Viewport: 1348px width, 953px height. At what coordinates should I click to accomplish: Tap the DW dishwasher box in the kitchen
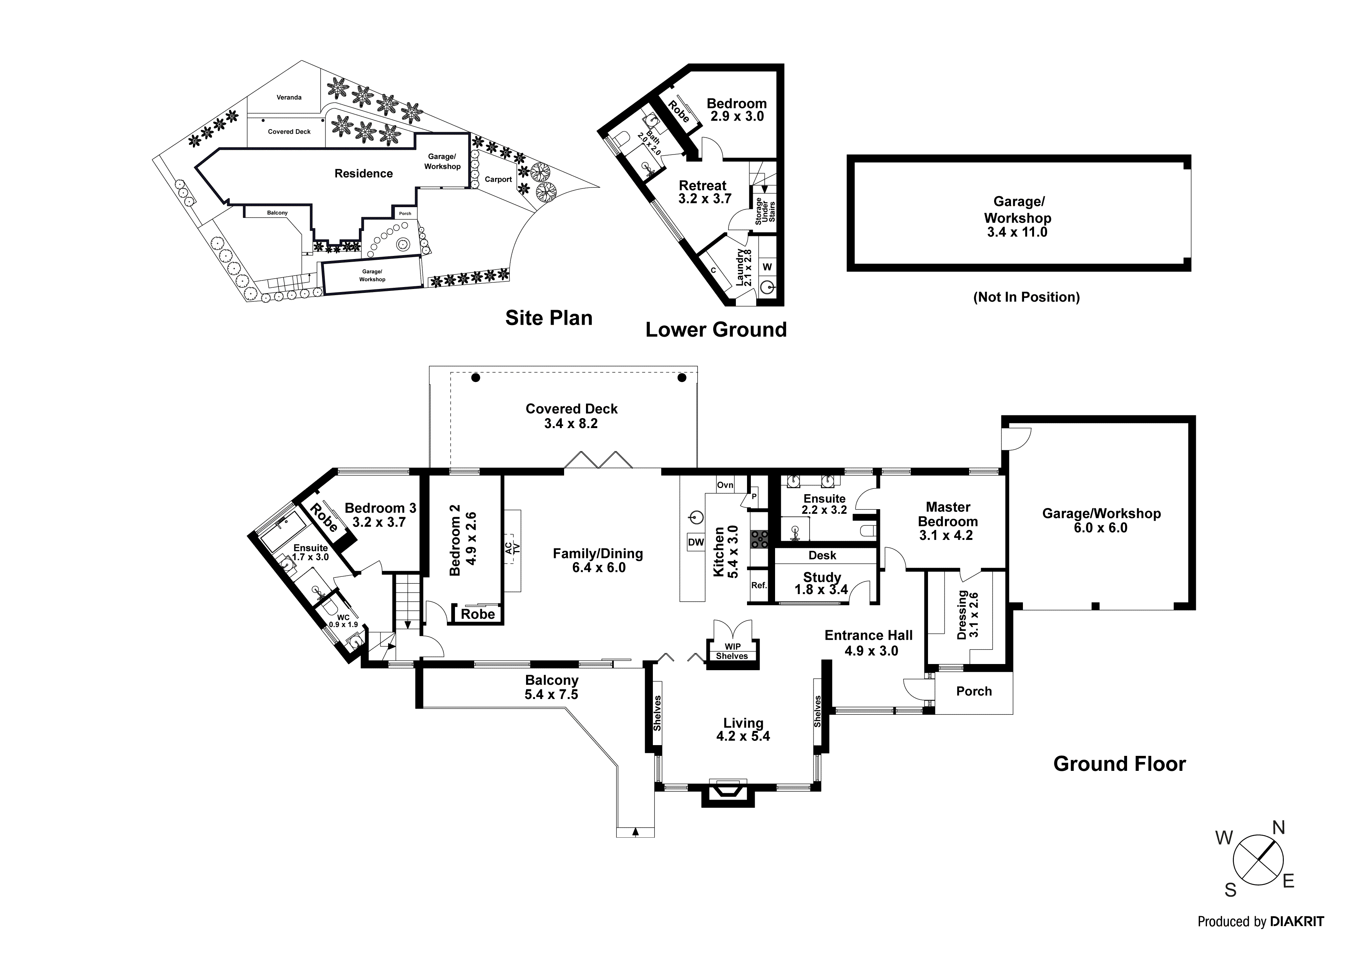696,542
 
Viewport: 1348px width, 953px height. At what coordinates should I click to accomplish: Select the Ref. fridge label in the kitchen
759,585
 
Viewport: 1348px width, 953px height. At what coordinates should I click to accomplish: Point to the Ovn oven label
725,485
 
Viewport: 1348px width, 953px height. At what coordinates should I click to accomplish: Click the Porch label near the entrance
973,691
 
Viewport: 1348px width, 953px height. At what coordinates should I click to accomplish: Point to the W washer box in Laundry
767,267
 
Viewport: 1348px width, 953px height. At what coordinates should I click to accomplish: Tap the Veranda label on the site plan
289,98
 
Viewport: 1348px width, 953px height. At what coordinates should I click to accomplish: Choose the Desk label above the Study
822,556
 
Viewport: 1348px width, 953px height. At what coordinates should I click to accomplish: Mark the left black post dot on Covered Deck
476,378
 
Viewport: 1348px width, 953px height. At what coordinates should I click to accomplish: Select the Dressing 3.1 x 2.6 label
968,615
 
